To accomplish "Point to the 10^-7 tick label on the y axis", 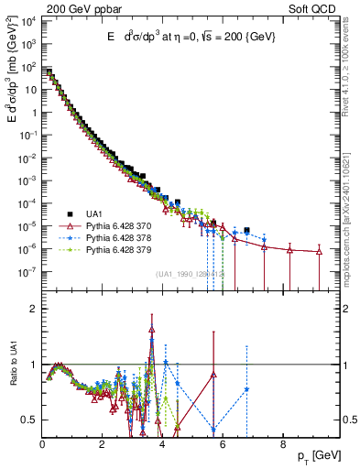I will [28, 272].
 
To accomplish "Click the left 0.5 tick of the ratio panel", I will [29, 420].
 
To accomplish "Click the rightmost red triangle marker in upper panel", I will [318, 251].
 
